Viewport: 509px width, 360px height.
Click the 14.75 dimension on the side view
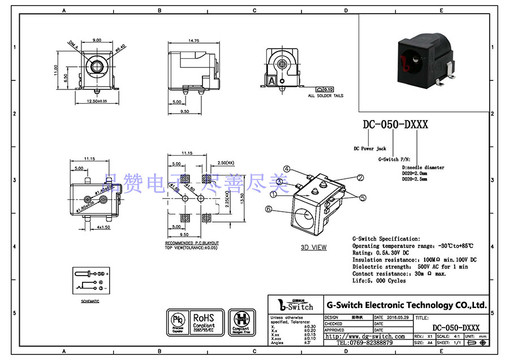point(193,41)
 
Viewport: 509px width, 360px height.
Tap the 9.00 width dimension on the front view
point(97,40)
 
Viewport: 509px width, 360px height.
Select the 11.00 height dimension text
point(57,70)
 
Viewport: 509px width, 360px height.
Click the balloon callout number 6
point(269,209)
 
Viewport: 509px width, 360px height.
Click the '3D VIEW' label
point(313,247)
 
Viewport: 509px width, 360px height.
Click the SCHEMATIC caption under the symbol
point(90,302)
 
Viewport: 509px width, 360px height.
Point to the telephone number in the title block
point(365,343)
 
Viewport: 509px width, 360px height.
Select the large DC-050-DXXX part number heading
point(395,125)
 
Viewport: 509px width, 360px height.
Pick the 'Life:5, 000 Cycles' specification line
point(379,281)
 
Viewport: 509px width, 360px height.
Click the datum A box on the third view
point(271,81)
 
